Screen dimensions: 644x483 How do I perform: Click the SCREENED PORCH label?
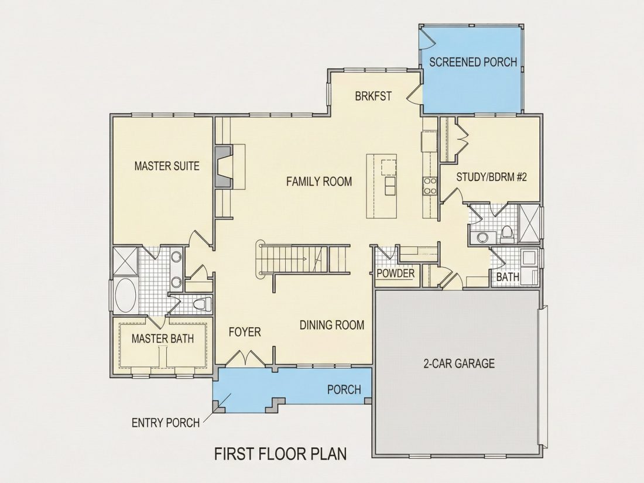pyautogui.click(x=473, y=62)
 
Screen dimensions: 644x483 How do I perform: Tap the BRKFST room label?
pyautogui.click(x=374, y=96)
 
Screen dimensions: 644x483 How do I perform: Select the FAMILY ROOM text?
pyautogui.click(x=319, y=181)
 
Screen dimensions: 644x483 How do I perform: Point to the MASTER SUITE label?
pyautogui.click(x=167, y=166)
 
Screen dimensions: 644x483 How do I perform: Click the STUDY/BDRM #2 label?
pyautogui.click(x=492, y=177)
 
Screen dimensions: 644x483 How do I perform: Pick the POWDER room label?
pyautogui.click(x=396, y=273)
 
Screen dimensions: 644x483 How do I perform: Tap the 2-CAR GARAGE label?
pyautogui.click(x=459, y=364)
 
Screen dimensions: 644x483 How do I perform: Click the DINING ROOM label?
pyautogui.click(x=332, y=325)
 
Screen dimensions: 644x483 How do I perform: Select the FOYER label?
pyautogui.click(x=245, y=331)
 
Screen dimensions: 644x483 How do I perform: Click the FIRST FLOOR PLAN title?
pyautogui.click(x=280, y=454)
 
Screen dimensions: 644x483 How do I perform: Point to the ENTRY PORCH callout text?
pyautogui.click(x=166, y=423)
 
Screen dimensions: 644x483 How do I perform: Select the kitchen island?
pyautogui.click(x=382, y=186)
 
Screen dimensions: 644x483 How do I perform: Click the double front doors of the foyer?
pyautogui.click(x=245, y=357)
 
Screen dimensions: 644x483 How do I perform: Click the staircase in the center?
pyautogui.click(x=304, y=259)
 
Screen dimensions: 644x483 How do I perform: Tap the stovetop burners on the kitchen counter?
pyautogui.click(x=430, y=186)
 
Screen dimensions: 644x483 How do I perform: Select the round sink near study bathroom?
pyautogui.click(x=480, y=238)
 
